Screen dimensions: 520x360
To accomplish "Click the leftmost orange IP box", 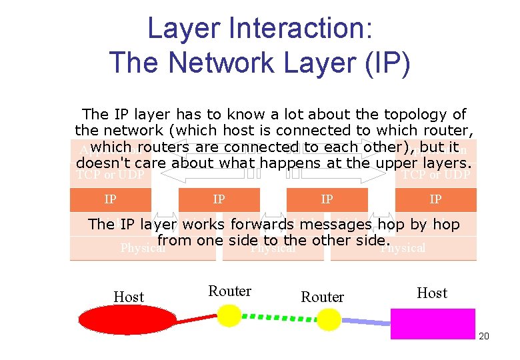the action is (111, 199).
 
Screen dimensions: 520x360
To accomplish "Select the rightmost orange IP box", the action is (435, 199).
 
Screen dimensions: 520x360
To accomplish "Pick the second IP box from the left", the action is (219, 199).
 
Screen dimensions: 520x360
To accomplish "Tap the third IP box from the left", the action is (327, 199).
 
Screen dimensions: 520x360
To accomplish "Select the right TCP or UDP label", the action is (435, 175).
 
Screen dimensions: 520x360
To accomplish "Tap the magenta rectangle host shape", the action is (433, 323).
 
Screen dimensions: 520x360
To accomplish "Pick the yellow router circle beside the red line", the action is (231, 315).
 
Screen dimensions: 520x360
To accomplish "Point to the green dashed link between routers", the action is (280, 317).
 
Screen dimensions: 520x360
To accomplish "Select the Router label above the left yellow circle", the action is (230, 291).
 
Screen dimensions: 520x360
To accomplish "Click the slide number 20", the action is (484, 336).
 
